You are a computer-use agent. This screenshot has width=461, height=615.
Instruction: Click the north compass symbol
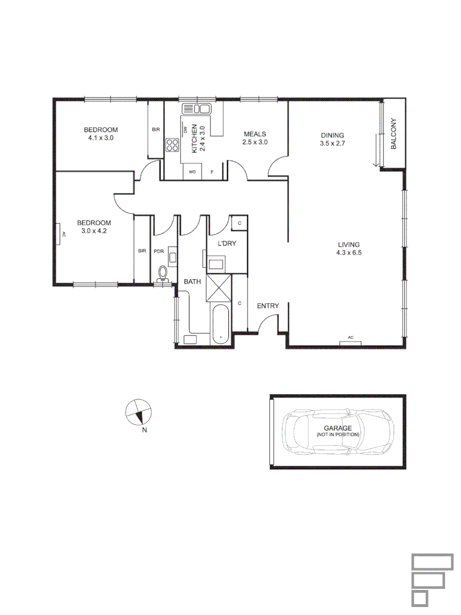(138, 412)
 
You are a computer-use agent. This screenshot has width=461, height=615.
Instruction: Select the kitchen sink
(196, 109)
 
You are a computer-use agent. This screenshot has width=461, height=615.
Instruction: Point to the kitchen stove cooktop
(172, 145)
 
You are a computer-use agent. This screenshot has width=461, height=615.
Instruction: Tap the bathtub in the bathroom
(220, 325)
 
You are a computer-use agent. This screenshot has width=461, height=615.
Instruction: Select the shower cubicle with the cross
(219, 288)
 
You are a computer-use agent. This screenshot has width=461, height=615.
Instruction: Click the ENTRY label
(267, 306)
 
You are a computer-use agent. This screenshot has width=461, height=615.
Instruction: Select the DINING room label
(332, 135)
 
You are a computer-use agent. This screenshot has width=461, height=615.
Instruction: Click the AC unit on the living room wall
(351, 342)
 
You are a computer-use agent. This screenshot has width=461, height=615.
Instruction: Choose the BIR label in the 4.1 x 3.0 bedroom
(155, 130)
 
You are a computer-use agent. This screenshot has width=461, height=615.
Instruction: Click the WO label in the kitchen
(192, 171)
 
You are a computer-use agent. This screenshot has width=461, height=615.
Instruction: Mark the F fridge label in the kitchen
(212, 171)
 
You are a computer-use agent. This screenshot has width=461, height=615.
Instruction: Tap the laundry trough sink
(216, 265)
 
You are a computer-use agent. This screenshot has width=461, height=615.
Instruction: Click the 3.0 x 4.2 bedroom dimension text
(94, 231)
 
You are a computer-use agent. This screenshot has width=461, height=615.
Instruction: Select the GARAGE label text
(337, 428)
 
